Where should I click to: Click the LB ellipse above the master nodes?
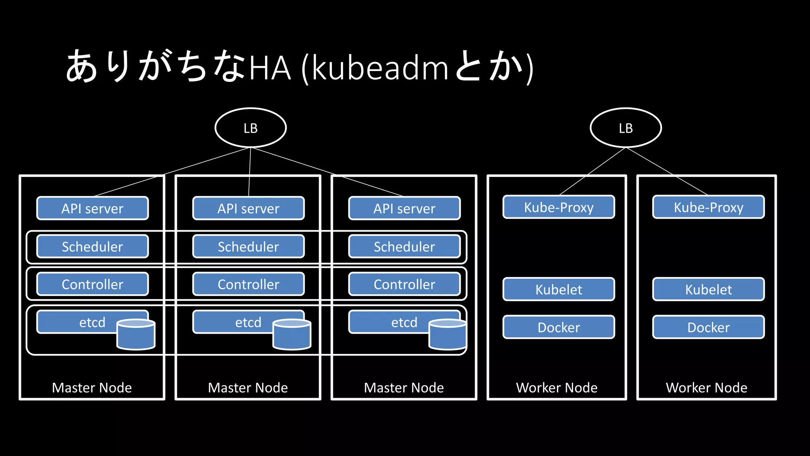[250, 128]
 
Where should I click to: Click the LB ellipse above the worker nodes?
[625, 128]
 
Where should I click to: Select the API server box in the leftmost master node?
[93, 208]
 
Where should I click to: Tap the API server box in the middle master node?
[248, 208]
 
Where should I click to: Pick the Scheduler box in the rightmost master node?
[404, 247]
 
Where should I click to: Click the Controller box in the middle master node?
[248, 284]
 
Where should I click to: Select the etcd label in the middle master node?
[248, 322]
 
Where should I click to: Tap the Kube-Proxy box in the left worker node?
[558, 207]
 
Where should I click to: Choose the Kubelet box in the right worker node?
[708, 289]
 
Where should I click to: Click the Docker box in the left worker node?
[558, 327]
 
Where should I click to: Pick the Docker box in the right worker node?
[708, 327]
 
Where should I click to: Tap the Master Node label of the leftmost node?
[92, 388]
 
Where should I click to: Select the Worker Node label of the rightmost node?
[706, 388]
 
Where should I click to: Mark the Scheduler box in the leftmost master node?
[93, 247]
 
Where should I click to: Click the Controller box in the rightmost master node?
[404, 284]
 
